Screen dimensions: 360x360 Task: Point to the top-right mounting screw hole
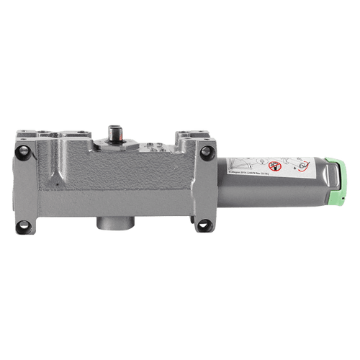click(x=209, y=150)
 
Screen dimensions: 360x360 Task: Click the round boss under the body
click(x=114, y=219)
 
